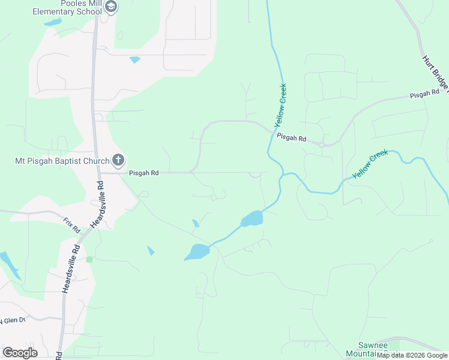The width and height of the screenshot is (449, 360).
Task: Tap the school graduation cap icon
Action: pyautogui.click(x=110, y=7)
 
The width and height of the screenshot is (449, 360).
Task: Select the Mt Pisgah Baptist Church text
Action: pyautogui.click(x=62, y=161)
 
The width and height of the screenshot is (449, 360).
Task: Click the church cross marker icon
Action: pyautogui.click(x=118, y=160)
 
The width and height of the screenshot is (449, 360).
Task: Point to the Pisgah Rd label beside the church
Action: pyautogui.click(x=143, y=173)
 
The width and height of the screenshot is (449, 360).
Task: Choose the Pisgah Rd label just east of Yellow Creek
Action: pyautogui.click(x=292, y=138)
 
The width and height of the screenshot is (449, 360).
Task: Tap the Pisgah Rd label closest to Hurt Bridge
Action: pyautogui.click(x=425, y=95)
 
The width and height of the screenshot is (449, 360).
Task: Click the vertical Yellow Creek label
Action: pyautogui.click(x=280, y=105)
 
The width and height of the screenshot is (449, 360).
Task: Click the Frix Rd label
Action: pyautogui.click(x=71, y=225)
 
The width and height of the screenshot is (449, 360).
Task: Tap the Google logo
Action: pyautogui.click(x=20, y=352)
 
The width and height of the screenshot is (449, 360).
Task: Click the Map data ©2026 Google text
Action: pyautogui.click(x=412, y=355)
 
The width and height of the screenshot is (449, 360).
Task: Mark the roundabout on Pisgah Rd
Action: pyautogui.click(x=323, y=144)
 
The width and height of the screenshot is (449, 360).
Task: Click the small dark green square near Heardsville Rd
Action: pyautogui.click(x=89, y=259)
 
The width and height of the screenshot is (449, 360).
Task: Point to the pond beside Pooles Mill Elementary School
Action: pyautogui.click(x=53, y=22)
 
